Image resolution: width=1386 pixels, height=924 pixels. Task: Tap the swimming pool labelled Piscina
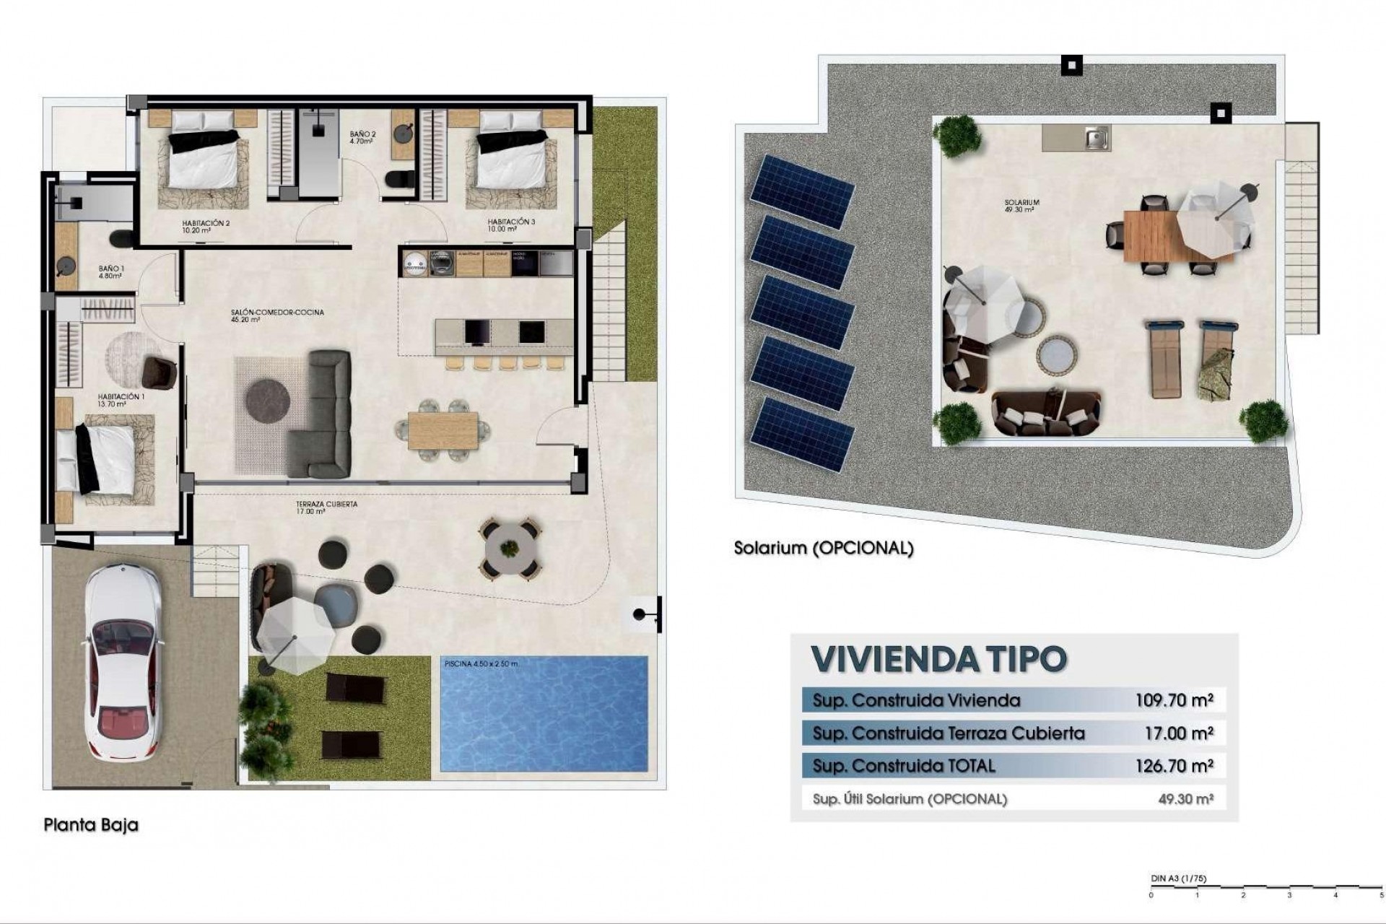point(544,713)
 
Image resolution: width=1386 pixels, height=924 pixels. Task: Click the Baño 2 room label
point(362,138)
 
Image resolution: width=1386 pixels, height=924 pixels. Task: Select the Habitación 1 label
point(121,401)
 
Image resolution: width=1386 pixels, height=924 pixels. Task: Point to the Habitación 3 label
point(511,225)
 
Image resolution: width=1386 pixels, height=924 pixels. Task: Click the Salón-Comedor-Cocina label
point(277,315)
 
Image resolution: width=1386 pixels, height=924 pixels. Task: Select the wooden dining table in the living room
point(443,430)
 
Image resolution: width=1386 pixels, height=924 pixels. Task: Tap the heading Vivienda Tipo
point(938,658)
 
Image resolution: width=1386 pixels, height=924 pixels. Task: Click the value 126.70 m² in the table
point(1174,766)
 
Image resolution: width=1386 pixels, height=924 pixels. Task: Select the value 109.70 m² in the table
point(1174,699)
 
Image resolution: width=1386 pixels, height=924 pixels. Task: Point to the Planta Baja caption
point(91,825)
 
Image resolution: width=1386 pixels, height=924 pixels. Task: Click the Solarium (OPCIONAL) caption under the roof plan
point(824,548)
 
